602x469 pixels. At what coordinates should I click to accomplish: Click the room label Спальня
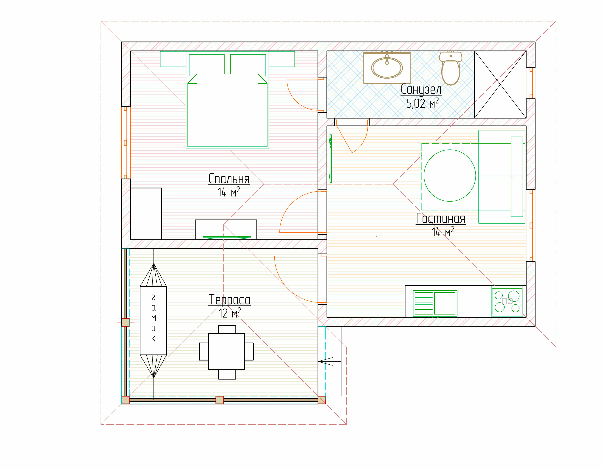tap(229, 179)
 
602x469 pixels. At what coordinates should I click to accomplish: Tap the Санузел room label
tap(421, 89)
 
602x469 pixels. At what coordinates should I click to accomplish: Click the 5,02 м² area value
tap(423, 103)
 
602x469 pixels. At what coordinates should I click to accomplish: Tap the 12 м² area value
tap(230, 313)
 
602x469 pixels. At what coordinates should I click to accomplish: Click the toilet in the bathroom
tap(451, 68)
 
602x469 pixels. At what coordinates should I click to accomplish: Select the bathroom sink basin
tap(387, 68)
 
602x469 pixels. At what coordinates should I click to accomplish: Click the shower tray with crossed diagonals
tap(500, 84)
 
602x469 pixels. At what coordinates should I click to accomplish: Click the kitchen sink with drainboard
tap(435, 303)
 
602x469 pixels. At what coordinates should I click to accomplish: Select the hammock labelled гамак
tap(153, 320)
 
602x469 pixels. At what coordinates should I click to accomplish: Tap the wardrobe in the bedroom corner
tap(146, 214)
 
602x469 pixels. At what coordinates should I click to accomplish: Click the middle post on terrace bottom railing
tap(220, 400)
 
